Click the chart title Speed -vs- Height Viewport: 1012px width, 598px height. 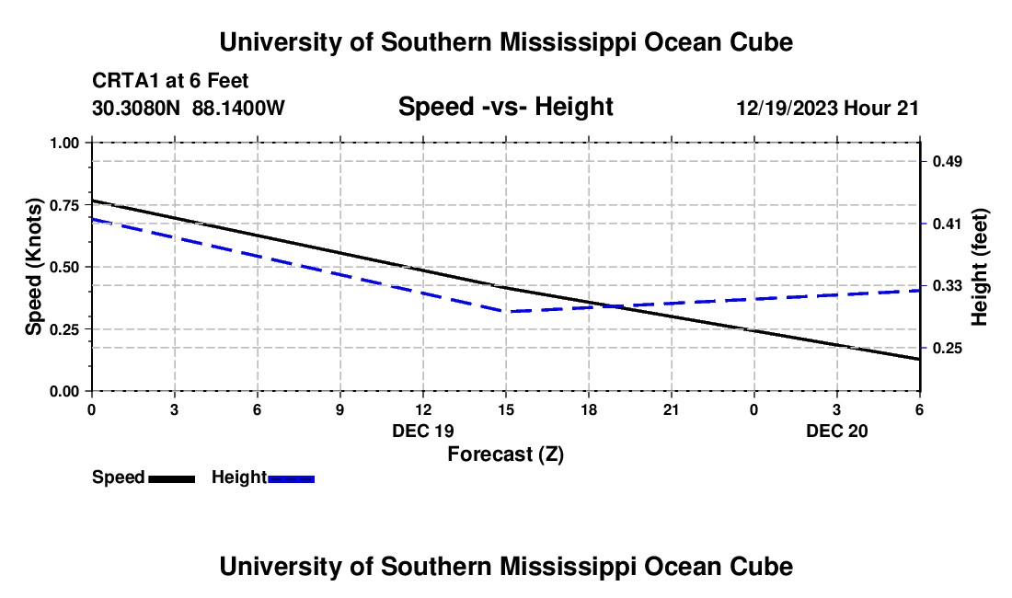click(505, 108)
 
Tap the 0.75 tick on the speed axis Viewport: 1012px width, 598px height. click(64, 205)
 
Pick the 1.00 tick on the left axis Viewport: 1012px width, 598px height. click(64, 143)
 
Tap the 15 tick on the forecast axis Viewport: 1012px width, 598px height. click(505, 409)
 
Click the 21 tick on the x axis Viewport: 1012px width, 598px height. click(671, 409)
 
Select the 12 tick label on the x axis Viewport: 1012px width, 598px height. click(422, 409)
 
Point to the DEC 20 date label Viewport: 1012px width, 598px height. click(837, 431)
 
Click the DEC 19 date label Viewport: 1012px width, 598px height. click(422, 431)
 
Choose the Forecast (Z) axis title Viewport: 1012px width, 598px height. click(505, 454)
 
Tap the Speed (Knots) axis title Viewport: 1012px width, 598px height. click(34, 267)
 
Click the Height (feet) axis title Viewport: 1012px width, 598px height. click(980, 267)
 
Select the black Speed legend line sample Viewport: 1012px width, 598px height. click(172, 478)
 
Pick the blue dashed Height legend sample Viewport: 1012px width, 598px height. click(292, 478)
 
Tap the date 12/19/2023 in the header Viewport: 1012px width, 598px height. click(787, 109)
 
